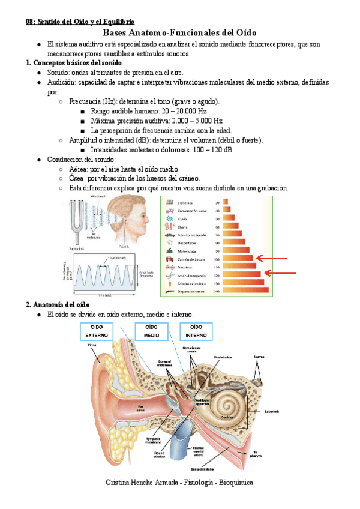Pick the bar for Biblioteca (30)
tap(227, 203)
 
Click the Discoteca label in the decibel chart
tap(187, 266)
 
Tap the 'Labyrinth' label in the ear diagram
tap(270, 412)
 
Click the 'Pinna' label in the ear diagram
tap(92, 344)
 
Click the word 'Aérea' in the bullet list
tap(80, 170)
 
